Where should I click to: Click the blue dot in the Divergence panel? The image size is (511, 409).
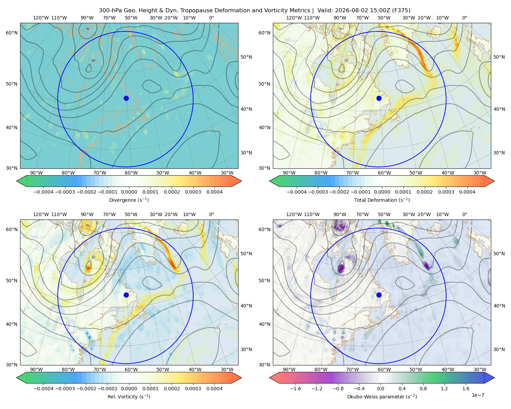[126, 98]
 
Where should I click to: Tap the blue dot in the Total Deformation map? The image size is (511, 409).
[379, 98]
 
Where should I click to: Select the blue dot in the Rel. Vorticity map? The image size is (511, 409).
[126, 295]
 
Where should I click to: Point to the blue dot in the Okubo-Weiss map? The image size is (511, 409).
[379, 295]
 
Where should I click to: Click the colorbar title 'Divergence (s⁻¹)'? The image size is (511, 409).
[129, 200]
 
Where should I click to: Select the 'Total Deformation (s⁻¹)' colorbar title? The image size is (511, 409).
[382, 200]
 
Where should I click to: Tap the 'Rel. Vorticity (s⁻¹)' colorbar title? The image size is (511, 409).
[129, 396]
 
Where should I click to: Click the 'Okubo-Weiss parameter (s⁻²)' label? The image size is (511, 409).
[382, 396]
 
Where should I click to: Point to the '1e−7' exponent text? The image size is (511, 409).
[478, 395]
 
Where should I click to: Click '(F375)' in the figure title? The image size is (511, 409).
[401, 11]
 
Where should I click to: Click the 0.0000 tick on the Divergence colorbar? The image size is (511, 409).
[129, 192]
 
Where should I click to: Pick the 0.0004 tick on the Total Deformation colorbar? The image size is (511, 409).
[467, 192]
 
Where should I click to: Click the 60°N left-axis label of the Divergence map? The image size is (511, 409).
[12, 33]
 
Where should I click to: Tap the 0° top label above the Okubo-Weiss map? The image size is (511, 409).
[464, 214]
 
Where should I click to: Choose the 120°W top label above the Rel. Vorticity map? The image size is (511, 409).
[41, 214]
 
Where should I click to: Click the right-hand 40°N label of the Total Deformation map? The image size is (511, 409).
[499, 109]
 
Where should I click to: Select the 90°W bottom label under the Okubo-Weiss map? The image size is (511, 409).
[289, 369]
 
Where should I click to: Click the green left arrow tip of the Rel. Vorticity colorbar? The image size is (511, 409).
[17, 378]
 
